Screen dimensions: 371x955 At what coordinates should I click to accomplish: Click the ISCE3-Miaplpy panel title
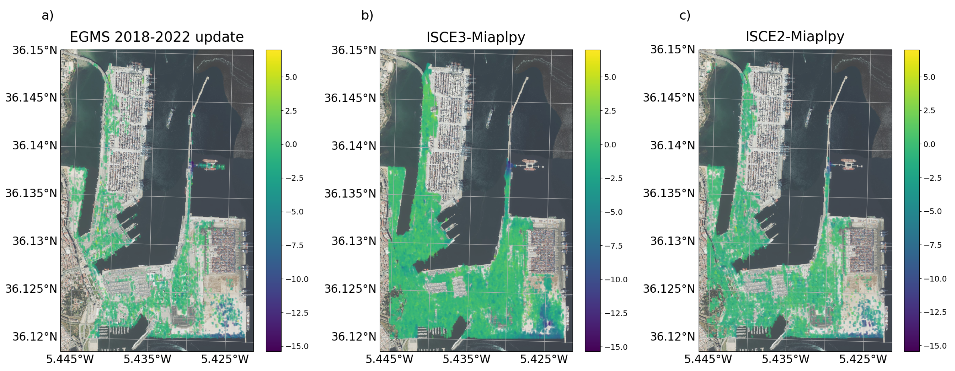(x=476, y=37)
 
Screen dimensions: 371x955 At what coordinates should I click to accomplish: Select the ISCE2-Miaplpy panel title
(x=795, y=36)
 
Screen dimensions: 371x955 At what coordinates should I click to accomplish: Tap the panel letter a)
(x=48, y=15)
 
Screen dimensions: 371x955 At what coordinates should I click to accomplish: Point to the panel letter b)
(x=367, y=15)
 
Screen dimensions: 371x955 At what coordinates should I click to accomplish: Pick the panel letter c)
(x=685, y=15)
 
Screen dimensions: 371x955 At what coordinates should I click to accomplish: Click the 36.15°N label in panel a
(x=35, y=50)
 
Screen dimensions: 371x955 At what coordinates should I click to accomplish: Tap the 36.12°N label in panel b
(x=354, y=336)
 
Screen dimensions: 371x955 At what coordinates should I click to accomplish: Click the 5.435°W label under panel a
(x=147, y=359)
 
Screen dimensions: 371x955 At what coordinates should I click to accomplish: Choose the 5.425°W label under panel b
(x=544, y=359)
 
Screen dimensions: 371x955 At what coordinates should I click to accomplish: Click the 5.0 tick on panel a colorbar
(x=291, y=77)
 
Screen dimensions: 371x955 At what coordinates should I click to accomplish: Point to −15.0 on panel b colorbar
(x=616, y=347)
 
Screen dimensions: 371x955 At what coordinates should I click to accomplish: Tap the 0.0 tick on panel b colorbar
(x=610, y=145)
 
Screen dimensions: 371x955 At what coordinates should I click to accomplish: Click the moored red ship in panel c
(x=848, y=164)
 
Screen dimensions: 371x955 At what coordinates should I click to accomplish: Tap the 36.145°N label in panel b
(x=350, y=98)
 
